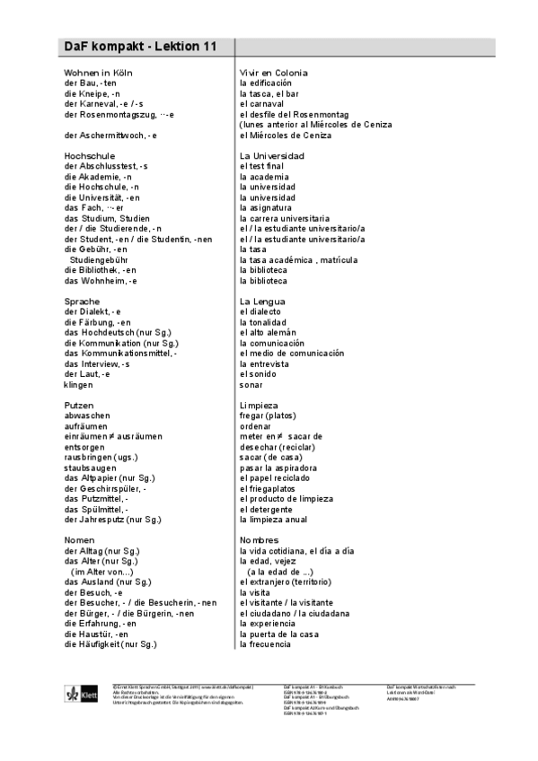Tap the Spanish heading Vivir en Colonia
273,72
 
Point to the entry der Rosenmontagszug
119,114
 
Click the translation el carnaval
268,103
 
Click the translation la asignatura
270,207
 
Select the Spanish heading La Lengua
262,301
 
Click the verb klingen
79,384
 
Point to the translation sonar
251,384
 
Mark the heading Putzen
78,405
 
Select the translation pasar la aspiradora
278,468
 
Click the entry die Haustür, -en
97,634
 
